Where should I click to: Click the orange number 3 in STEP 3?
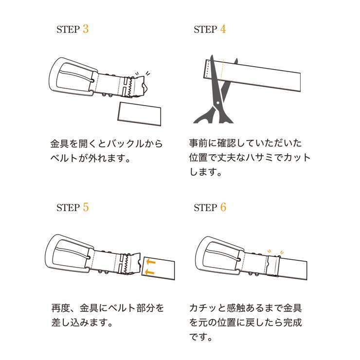tap(86, 29)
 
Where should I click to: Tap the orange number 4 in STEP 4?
tap(223, 29)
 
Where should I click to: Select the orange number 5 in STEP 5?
tap(86, 207)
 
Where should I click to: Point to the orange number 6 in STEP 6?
tap(223, 207)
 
